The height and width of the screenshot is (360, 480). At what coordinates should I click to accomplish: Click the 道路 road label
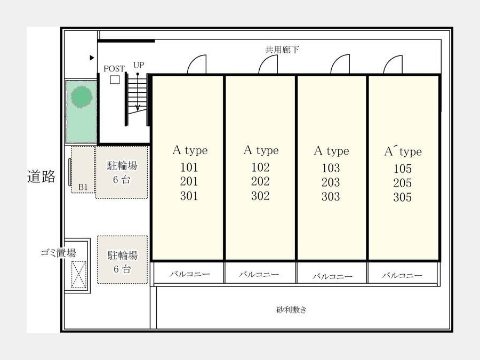(41, 177)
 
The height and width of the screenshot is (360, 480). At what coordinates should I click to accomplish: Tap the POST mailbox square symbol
(115, 79)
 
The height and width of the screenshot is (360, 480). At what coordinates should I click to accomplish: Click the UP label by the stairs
(139, 65)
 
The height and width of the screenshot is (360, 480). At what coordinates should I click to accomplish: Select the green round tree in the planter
(82, 97)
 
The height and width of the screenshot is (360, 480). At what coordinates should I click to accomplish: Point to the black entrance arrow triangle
(92, 58)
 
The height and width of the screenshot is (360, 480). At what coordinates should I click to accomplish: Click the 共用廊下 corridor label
(282, 50)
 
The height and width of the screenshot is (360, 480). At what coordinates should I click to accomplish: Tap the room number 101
(189, 167)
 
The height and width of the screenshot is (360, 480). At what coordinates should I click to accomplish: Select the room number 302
(260, 196)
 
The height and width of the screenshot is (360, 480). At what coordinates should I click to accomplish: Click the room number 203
(331, 182)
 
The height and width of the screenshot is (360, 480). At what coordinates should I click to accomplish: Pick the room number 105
(403, 169)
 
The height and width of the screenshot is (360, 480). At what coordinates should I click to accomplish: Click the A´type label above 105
(403, 151)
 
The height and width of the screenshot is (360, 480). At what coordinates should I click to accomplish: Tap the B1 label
(83, 187)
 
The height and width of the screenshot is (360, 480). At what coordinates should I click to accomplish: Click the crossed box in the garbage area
(79, 274)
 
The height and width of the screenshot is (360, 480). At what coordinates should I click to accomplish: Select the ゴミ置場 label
(58, 253)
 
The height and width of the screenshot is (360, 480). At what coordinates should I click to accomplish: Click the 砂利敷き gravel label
(291, 310)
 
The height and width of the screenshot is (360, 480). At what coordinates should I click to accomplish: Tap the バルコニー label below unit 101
(190, 274)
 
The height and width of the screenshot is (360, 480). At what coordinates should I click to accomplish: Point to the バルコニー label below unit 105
(402, 275)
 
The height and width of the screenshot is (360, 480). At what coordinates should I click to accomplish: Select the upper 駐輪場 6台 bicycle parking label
(122, 172)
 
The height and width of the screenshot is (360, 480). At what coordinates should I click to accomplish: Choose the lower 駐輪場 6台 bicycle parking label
(123, 262)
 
